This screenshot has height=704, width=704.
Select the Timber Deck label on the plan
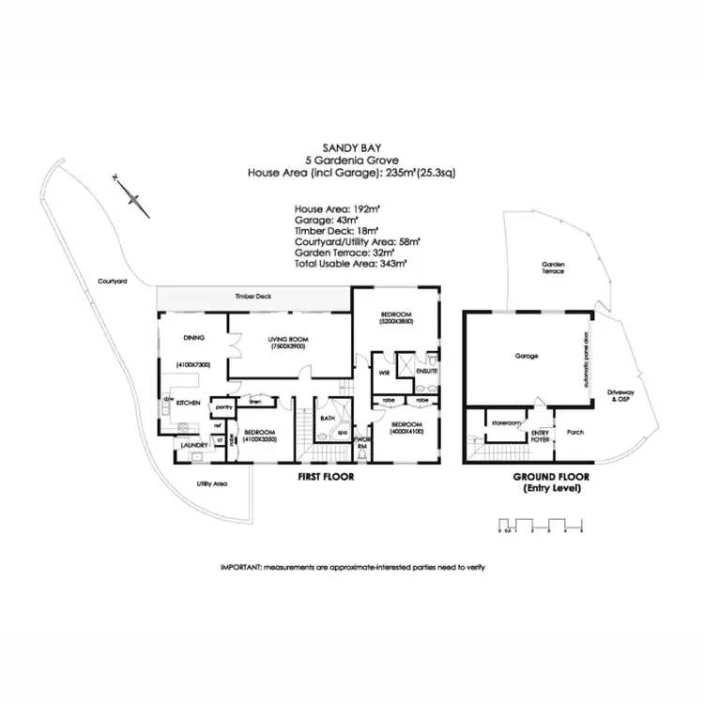pos(253,297)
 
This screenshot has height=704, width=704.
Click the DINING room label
pos(193,337)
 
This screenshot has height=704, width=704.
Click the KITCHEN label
pos(188,402)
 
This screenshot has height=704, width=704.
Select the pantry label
pos(223,407)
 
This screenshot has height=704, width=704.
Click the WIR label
pos(383,373)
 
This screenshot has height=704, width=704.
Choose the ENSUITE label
pos(426,373)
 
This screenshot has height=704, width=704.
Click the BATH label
pos(328,419)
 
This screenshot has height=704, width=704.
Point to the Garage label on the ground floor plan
pos(526,357)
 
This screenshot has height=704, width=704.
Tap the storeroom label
pos(506,423)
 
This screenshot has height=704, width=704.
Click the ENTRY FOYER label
pos(540,435)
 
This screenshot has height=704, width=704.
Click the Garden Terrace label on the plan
pos(552,267)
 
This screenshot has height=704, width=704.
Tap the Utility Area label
pos(212,484)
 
